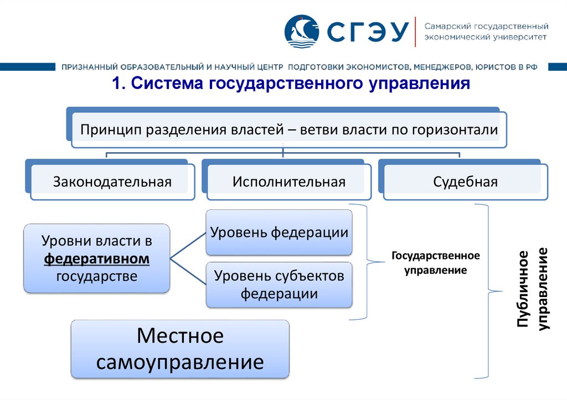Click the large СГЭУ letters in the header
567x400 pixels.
[365, 32]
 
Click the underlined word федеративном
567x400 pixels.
[97, 258]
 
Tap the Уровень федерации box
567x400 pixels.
[279, 232]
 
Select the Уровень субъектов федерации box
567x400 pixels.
[279, 284]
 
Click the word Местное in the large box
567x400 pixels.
[180, 335]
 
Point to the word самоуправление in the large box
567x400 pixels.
[180, 362]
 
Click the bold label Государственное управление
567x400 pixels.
[436, 263]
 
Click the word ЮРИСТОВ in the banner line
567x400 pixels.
[496, 67]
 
